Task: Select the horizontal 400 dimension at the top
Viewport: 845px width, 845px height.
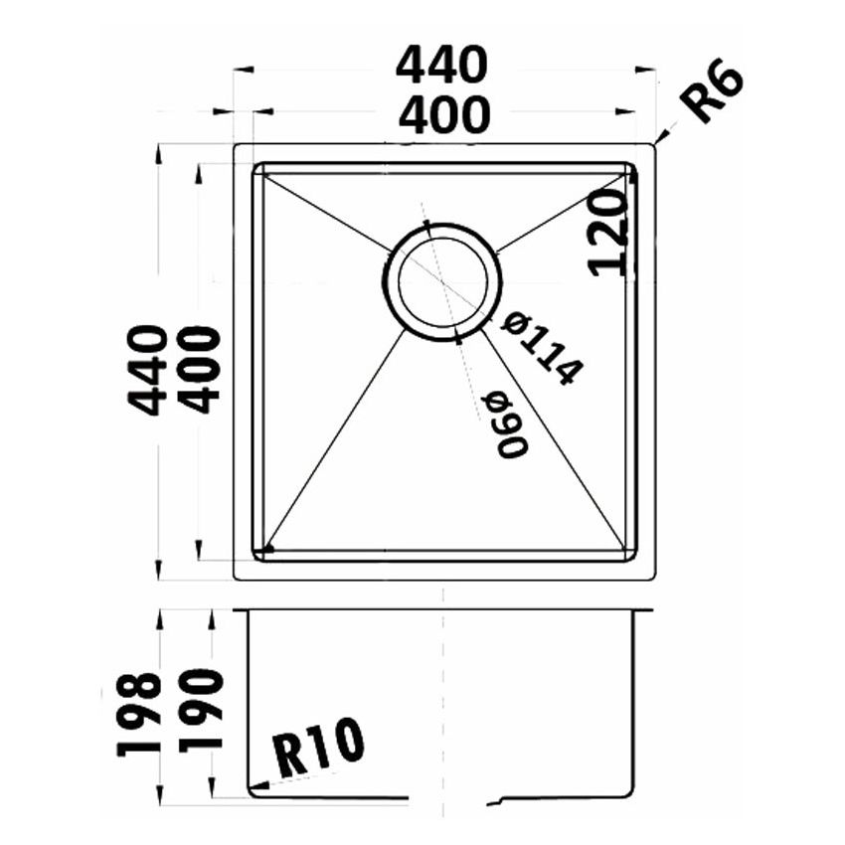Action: click(443, 116)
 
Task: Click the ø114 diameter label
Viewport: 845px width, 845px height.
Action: click(541, 348)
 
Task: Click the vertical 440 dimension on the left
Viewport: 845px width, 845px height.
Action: click(147, 369)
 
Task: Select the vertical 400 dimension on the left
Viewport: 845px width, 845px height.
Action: click(202, 369)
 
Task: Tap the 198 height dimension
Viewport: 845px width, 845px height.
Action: click(139, 714)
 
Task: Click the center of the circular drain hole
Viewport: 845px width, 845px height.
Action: click(441, 281)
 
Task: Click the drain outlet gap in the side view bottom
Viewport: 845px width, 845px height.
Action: click(447, 798)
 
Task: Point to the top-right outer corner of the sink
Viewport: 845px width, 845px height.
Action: click(654, 145)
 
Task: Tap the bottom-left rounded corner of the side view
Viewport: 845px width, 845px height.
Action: click(252, 791)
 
